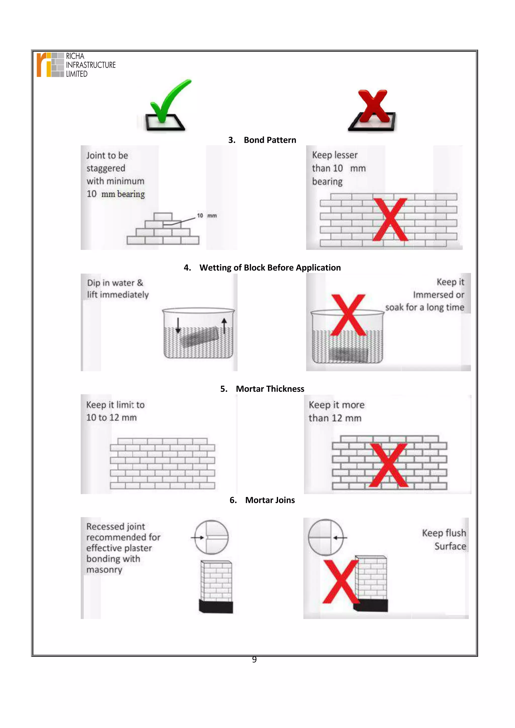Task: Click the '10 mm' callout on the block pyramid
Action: click(x=207, y=216)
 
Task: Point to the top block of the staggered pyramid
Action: click(x=163, y=216)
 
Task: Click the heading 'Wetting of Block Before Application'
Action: click(x=270, y=268)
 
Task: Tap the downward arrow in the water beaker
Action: click(x=178, y=325)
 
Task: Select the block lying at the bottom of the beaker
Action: click(x=348, y=354)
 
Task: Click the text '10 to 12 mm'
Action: click(x=111, y=417)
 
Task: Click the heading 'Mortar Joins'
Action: click(x=270, y=500)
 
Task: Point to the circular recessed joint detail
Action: click(x=211, y=537)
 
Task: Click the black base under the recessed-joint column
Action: click(x=216, y=606)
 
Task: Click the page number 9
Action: click(x=254, y=660)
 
